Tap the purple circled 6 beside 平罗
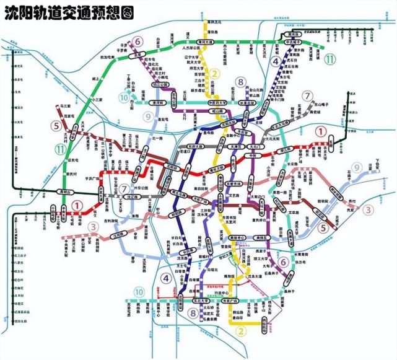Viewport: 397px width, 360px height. (137, 42)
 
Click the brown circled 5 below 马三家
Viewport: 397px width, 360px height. (56, 125)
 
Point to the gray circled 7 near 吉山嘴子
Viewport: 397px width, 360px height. (307, 96)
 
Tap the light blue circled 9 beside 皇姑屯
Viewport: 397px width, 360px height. (147, 116)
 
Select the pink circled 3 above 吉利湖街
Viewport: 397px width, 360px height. (94, 227)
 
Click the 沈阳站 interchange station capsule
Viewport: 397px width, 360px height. (172, 167)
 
